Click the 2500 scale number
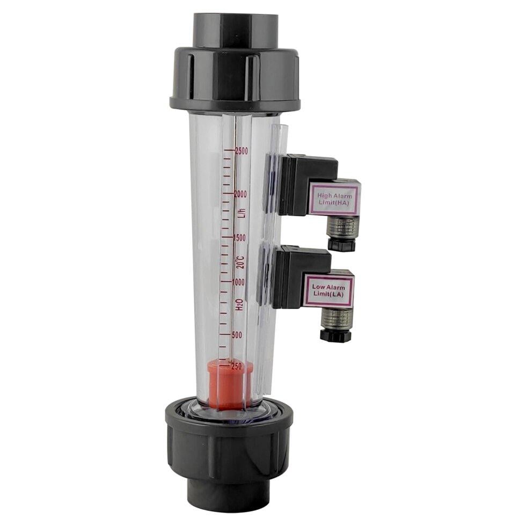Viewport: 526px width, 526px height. (x=242, y=151)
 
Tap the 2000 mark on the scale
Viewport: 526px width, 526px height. (x=241, y=194)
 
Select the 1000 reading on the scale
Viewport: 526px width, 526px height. (x=238, y=282)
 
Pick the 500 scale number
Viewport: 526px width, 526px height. (x=237, y=335)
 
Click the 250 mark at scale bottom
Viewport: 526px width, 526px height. (x=237, y=366)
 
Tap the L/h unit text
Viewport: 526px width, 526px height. (x=243, y=213)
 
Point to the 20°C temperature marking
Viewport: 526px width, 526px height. (x=240, y=261)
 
